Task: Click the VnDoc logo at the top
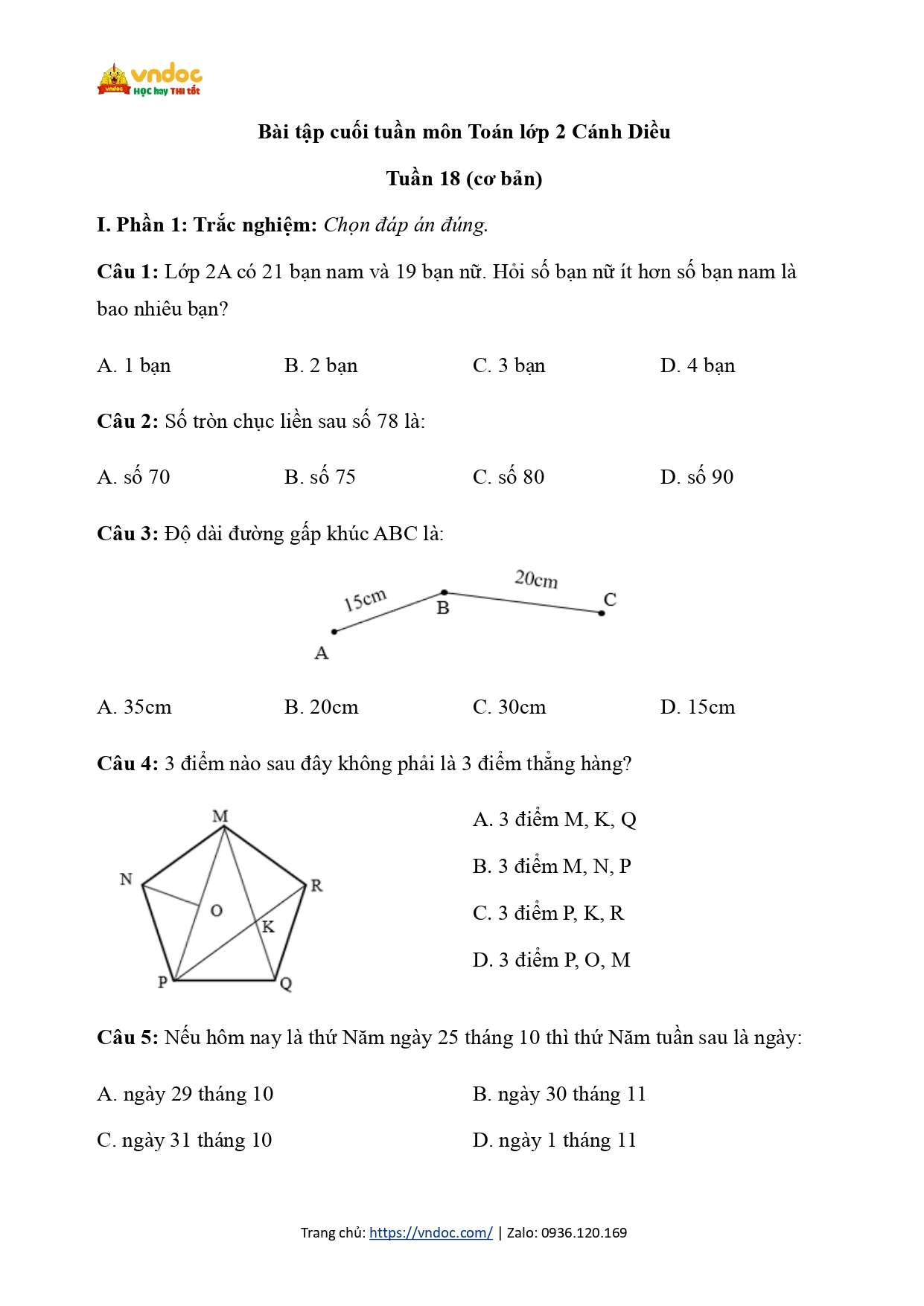click(150, 80)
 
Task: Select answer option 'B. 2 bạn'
click(321, 365)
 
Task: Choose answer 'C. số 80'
click(509, 477)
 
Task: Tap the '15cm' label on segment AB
click(365, 599)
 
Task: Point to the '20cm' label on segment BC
click(536, 579)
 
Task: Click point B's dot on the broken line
click(445, 593)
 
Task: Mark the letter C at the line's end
click(610, 599)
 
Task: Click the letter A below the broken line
click(322, 653)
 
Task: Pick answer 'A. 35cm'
click(134, 707)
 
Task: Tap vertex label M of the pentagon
click(220, 816)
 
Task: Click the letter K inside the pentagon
click(268, 926)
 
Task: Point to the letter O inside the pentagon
click(217, 910)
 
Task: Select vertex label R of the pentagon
click(316, 886)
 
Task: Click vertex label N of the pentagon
click(127, 879)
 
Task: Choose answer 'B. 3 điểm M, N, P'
click(552, 866)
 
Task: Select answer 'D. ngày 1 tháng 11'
click(554, 1140)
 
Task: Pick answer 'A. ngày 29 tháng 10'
click(185, 1094)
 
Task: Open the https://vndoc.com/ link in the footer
click(430, 1232)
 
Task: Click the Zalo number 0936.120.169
click(584, 1232)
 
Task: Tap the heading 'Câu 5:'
click(127, 1037)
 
